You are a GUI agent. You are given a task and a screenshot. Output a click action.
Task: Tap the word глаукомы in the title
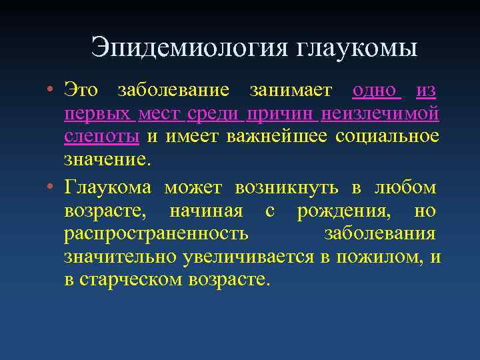point(355,47)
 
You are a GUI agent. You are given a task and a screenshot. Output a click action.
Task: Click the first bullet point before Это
point(51,90)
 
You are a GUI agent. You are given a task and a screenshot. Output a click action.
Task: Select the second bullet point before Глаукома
point(51,188)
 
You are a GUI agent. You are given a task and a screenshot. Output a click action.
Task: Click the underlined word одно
point(376,90)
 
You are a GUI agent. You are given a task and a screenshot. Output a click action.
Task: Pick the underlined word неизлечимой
point(380,114)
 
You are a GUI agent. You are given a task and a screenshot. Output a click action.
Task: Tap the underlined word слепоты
point(101,137)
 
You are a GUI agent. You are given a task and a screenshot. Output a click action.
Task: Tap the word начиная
point(207,211)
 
